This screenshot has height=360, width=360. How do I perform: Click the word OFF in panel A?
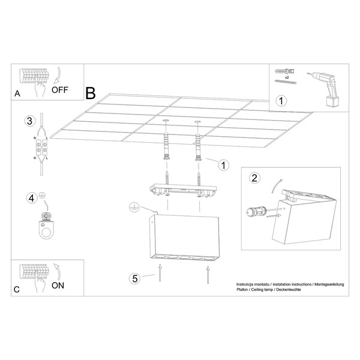[x=59, y=90]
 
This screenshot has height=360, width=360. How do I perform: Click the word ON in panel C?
[x=58, y=286]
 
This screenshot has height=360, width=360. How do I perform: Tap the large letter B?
[x=91, y=94]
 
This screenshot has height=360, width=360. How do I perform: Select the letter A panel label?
[x=17, y=94]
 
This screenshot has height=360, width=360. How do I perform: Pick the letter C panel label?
[x=17, y=289]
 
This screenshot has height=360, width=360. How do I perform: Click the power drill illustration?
[x=325, y=88]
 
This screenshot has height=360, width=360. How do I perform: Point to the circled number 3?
[x=30, y=121]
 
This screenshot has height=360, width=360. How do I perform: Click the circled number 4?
[x=32, y=199]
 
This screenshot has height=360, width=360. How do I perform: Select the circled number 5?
[x=135, y=278]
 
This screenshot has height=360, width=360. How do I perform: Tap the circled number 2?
[x=254, y=178]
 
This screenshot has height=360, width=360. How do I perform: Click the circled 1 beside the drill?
[x=281, y=101]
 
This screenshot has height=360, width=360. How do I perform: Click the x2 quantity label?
[x=287, y=77]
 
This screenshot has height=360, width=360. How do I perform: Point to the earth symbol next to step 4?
[x=42, y=196]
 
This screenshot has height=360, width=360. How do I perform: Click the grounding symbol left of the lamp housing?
[x=134, y=207]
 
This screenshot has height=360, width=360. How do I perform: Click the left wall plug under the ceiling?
[x=167, y=146]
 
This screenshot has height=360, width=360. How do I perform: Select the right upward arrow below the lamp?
[x=208, y=275]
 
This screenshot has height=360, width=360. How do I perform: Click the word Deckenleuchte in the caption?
[x=289, y=290]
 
